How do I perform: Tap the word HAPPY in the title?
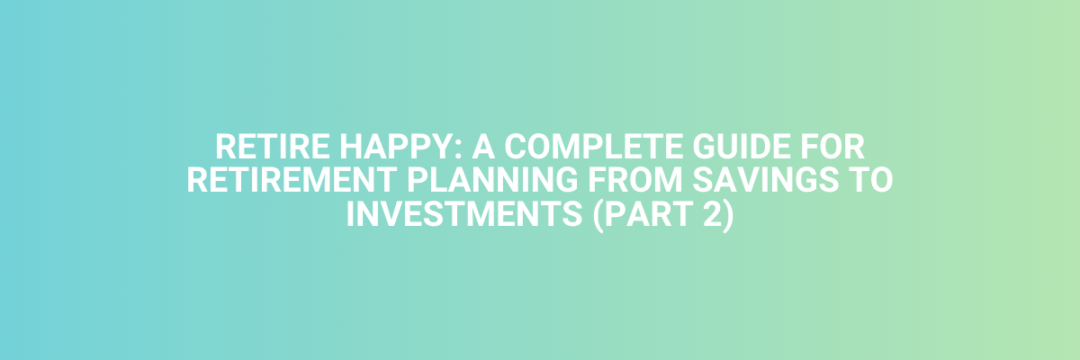point(397,147)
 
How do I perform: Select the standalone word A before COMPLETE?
point(483,147)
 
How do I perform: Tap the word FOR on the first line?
point(832,147)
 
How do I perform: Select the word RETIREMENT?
point(292,180)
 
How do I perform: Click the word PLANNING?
point(492,180)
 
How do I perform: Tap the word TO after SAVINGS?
point(871,180)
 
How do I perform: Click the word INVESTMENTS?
point(464,214)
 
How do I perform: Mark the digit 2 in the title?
point(713,214)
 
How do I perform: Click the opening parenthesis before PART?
point(598,215)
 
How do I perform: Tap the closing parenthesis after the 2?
point(728,215)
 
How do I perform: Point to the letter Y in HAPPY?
point(444,147)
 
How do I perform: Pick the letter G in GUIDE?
point(704,147)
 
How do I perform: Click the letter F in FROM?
point(596,180)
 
